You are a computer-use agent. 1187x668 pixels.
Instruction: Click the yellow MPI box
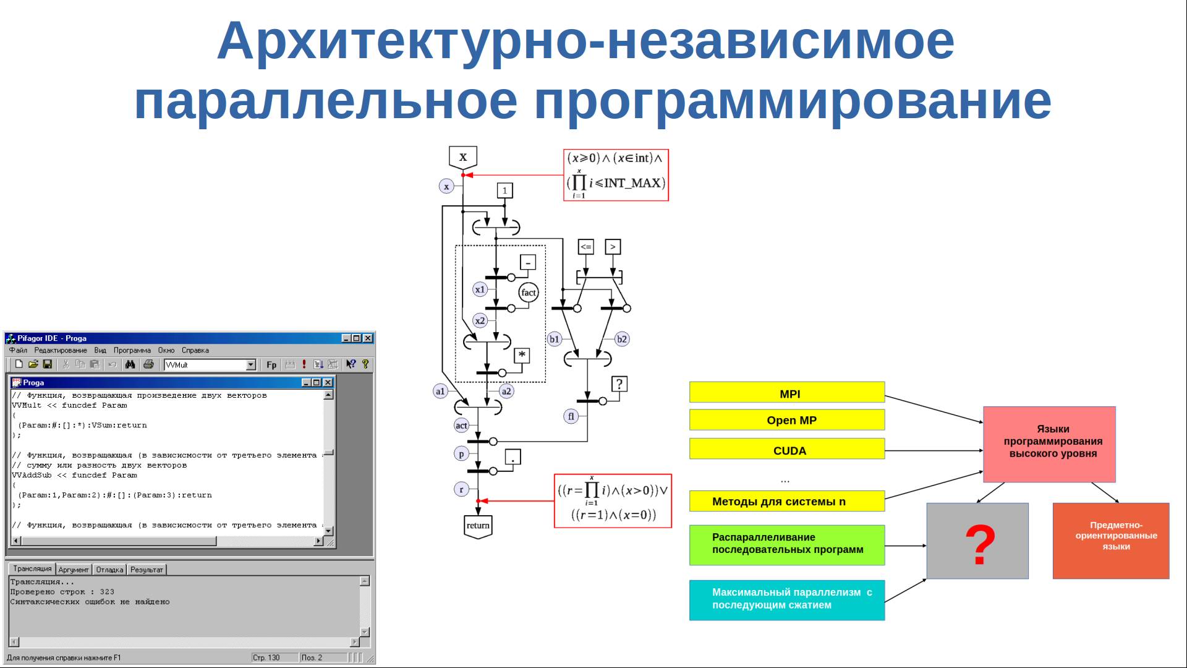pyautogui.click(x=786, y=393)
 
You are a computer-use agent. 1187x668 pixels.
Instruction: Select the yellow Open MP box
pyautogui.click(x=786, y=420)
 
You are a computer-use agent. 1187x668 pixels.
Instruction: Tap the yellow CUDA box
pyautogui.click(x=786, y=450)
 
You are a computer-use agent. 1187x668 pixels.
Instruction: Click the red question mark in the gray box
pyautogui.click(x=980, y=544)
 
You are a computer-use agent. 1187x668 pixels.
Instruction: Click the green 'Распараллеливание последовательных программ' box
pyautogui.click(x=786, y=544)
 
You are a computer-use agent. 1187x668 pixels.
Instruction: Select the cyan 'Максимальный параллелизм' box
pyautogui.click(x=786, y=599)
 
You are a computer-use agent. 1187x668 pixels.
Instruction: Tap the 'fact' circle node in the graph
pyautogui.click(x=529, y=293)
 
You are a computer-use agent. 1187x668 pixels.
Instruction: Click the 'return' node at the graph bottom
pyautogui.click(x=478, y=526)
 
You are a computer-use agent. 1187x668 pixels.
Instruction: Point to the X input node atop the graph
pyautogui.click(x=463, y=157)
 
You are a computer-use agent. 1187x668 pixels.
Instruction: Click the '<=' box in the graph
pyautogui.click(x=585, y=247)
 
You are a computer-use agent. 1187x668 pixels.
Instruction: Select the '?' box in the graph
pyautogui.click(x=619, y=384)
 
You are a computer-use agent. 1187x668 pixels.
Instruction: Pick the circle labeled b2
pyautogui.click(x=622, y=339)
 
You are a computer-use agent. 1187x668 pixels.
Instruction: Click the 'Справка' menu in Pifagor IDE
pyautogui.click(x=195, y=350)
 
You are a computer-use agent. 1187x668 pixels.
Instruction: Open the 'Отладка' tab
pyautogui.click(x=109, y=570)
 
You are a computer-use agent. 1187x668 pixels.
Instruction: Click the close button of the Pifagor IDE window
pyautogui.click(x=368, y=338)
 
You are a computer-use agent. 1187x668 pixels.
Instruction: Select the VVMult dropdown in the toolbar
pyautogui.click(x=210, y=365)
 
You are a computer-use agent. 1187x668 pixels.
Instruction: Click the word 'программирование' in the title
pyautogui.click(x=793, y=101)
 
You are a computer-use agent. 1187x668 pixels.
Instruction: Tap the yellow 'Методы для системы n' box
pyautogui.click(x=786, y=501)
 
